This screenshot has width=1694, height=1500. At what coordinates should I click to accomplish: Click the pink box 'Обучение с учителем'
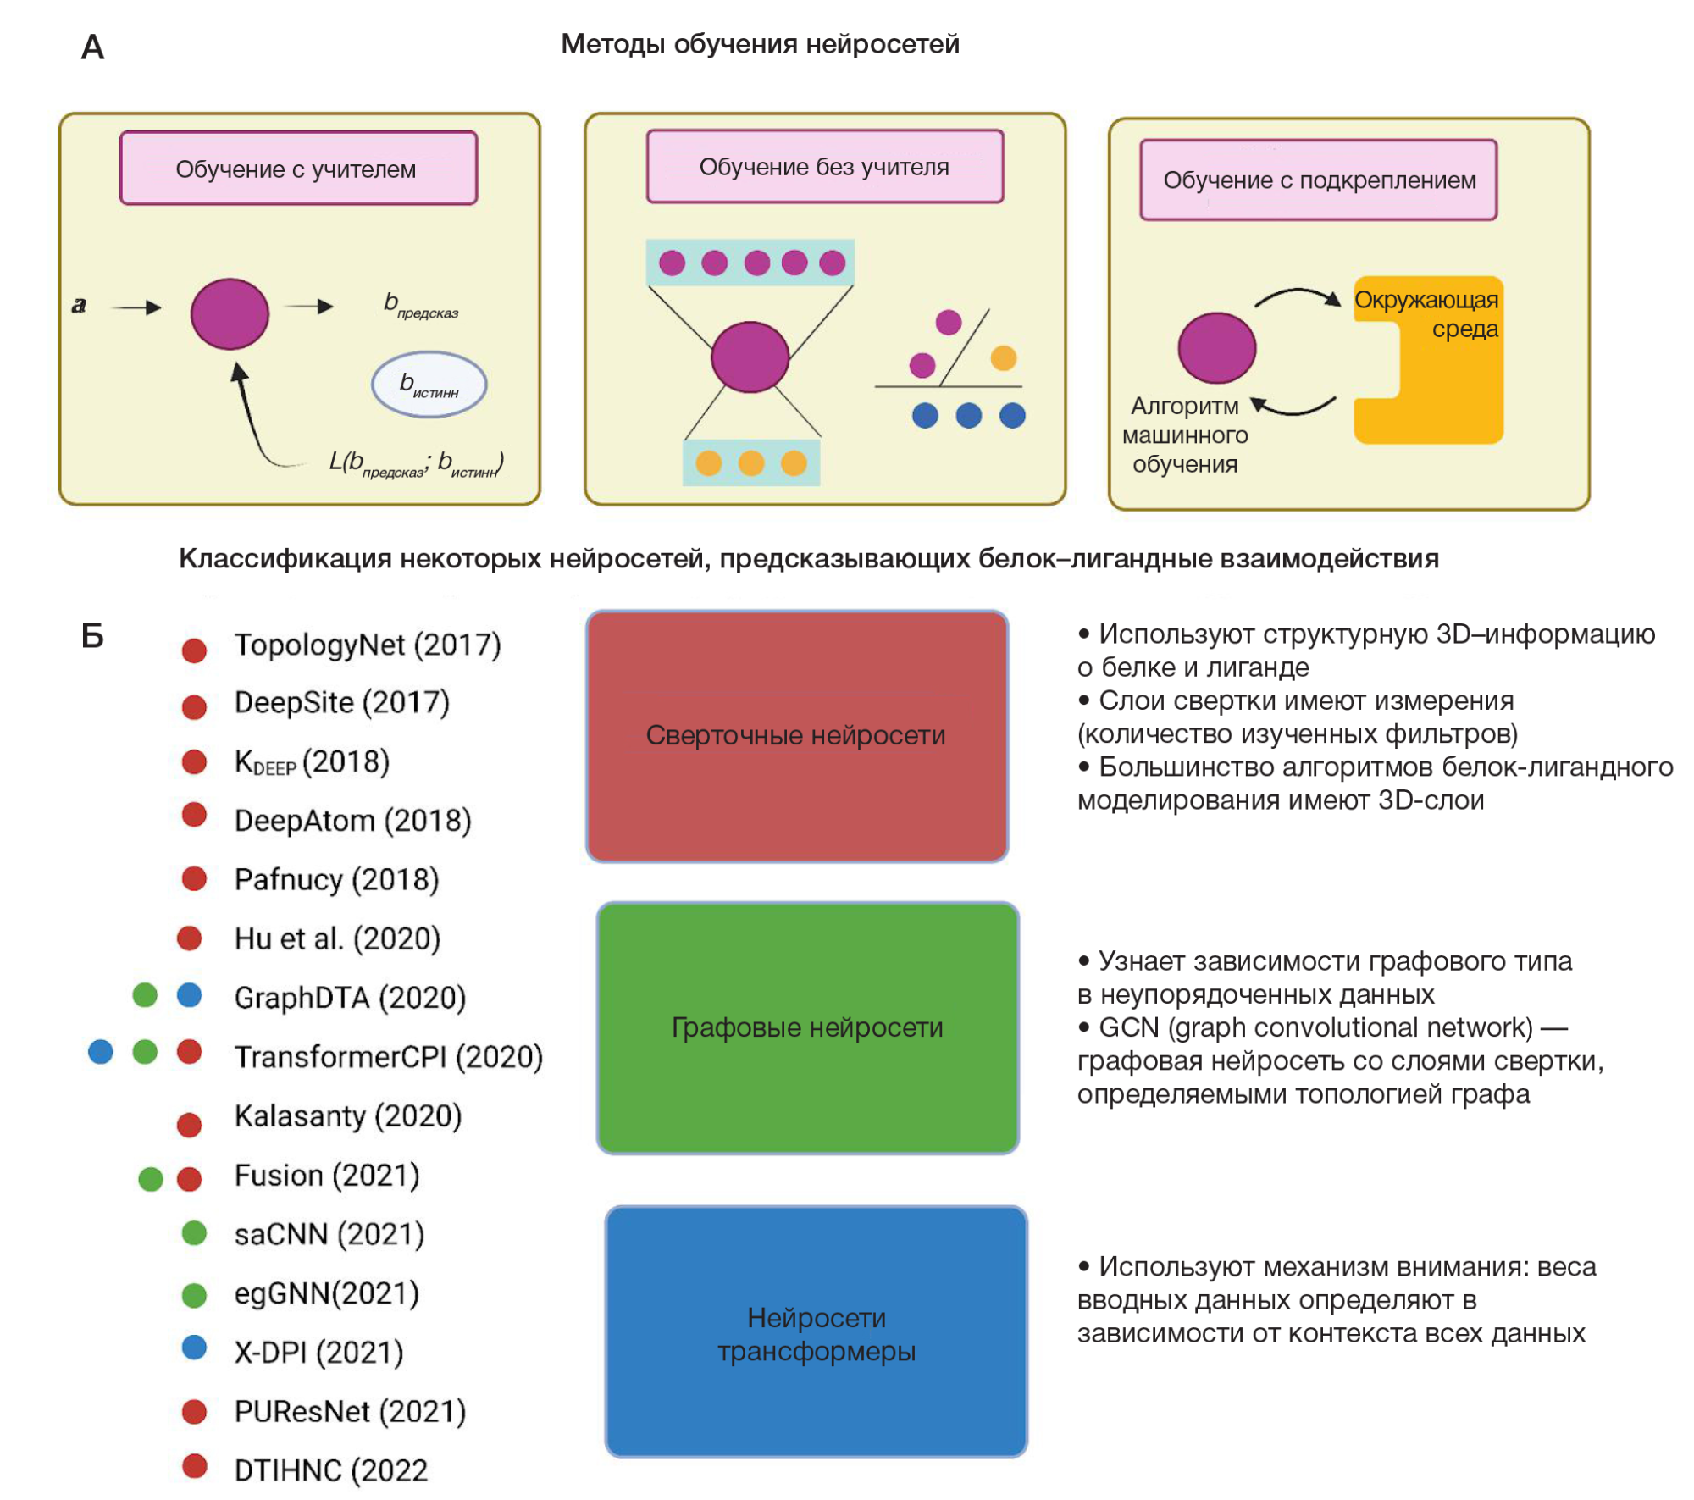click(298, 169)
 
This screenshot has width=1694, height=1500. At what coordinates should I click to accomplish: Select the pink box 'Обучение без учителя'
click(824, 167)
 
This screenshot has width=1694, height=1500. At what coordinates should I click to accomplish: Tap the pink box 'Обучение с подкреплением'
click(1318, 180)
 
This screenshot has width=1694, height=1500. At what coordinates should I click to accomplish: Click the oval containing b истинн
click(429, 385)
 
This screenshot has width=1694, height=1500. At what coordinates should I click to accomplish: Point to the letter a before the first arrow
click(80, 305)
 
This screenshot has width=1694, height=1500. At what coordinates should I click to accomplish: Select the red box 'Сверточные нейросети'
click(796, 735)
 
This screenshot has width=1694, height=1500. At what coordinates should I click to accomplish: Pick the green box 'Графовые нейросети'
click(807, 1027)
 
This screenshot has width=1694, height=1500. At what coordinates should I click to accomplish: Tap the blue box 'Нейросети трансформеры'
click(816, 1331)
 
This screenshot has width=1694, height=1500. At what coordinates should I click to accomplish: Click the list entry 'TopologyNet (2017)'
click(368, 645)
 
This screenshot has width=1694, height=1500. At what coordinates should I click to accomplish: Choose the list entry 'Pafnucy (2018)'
click(336, 880)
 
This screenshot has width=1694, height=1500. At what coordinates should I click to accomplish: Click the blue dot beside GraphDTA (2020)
click(190, 995)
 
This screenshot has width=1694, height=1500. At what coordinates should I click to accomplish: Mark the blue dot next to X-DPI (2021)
click(195, 1348)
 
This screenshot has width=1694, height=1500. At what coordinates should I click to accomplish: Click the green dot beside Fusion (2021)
click(151, 1178)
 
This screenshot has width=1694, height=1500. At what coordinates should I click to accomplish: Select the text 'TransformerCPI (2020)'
click(388, 1057)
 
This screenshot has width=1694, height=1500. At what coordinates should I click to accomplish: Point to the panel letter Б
click(92, 635)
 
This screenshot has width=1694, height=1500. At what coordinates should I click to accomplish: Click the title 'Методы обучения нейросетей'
click(760, 44)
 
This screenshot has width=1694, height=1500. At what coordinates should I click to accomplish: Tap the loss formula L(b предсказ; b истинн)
click(416, 463)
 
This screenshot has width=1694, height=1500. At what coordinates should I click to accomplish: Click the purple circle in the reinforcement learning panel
click(1216, 347)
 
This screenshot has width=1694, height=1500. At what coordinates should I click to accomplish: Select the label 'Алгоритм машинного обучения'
click(1184, 435)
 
